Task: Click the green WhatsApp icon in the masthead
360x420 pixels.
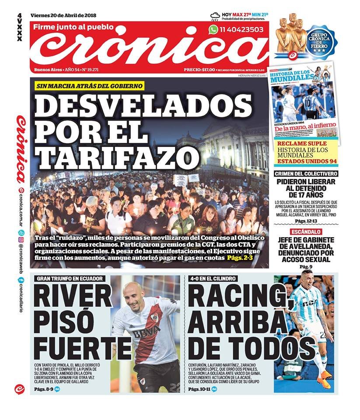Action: point(213,30)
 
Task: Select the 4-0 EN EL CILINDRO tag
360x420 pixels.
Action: point(213,278)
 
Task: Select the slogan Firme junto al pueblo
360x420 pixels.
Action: point(73,27)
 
